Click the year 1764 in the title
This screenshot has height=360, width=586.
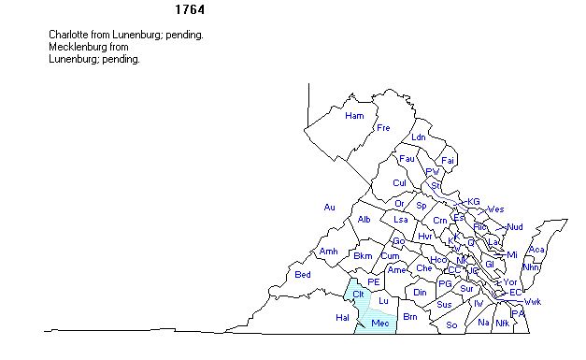[191, 10]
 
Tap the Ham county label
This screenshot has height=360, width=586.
[354, 116]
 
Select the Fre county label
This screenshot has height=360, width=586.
[383, 128]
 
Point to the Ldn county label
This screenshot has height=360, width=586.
[418, 137]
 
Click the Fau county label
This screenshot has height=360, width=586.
[407, 159]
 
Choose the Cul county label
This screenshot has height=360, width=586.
[400, 182]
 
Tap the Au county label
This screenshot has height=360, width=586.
[329, 207]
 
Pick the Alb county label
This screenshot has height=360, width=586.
[364, 220]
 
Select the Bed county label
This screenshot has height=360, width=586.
[303, 274]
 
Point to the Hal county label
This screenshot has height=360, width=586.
[341, 318]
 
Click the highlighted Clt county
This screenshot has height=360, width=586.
[358, 294]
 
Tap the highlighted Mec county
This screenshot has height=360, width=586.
[379, 324]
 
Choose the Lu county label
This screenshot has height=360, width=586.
[383, 300]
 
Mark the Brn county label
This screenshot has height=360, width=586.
[409, 318]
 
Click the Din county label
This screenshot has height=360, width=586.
[420, 293]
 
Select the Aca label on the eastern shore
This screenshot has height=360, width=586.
[536, 250]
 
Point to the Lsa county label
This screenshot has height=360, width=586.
[401, 220]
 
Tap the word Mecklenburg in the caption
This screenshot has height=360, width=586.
[79, 47]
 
